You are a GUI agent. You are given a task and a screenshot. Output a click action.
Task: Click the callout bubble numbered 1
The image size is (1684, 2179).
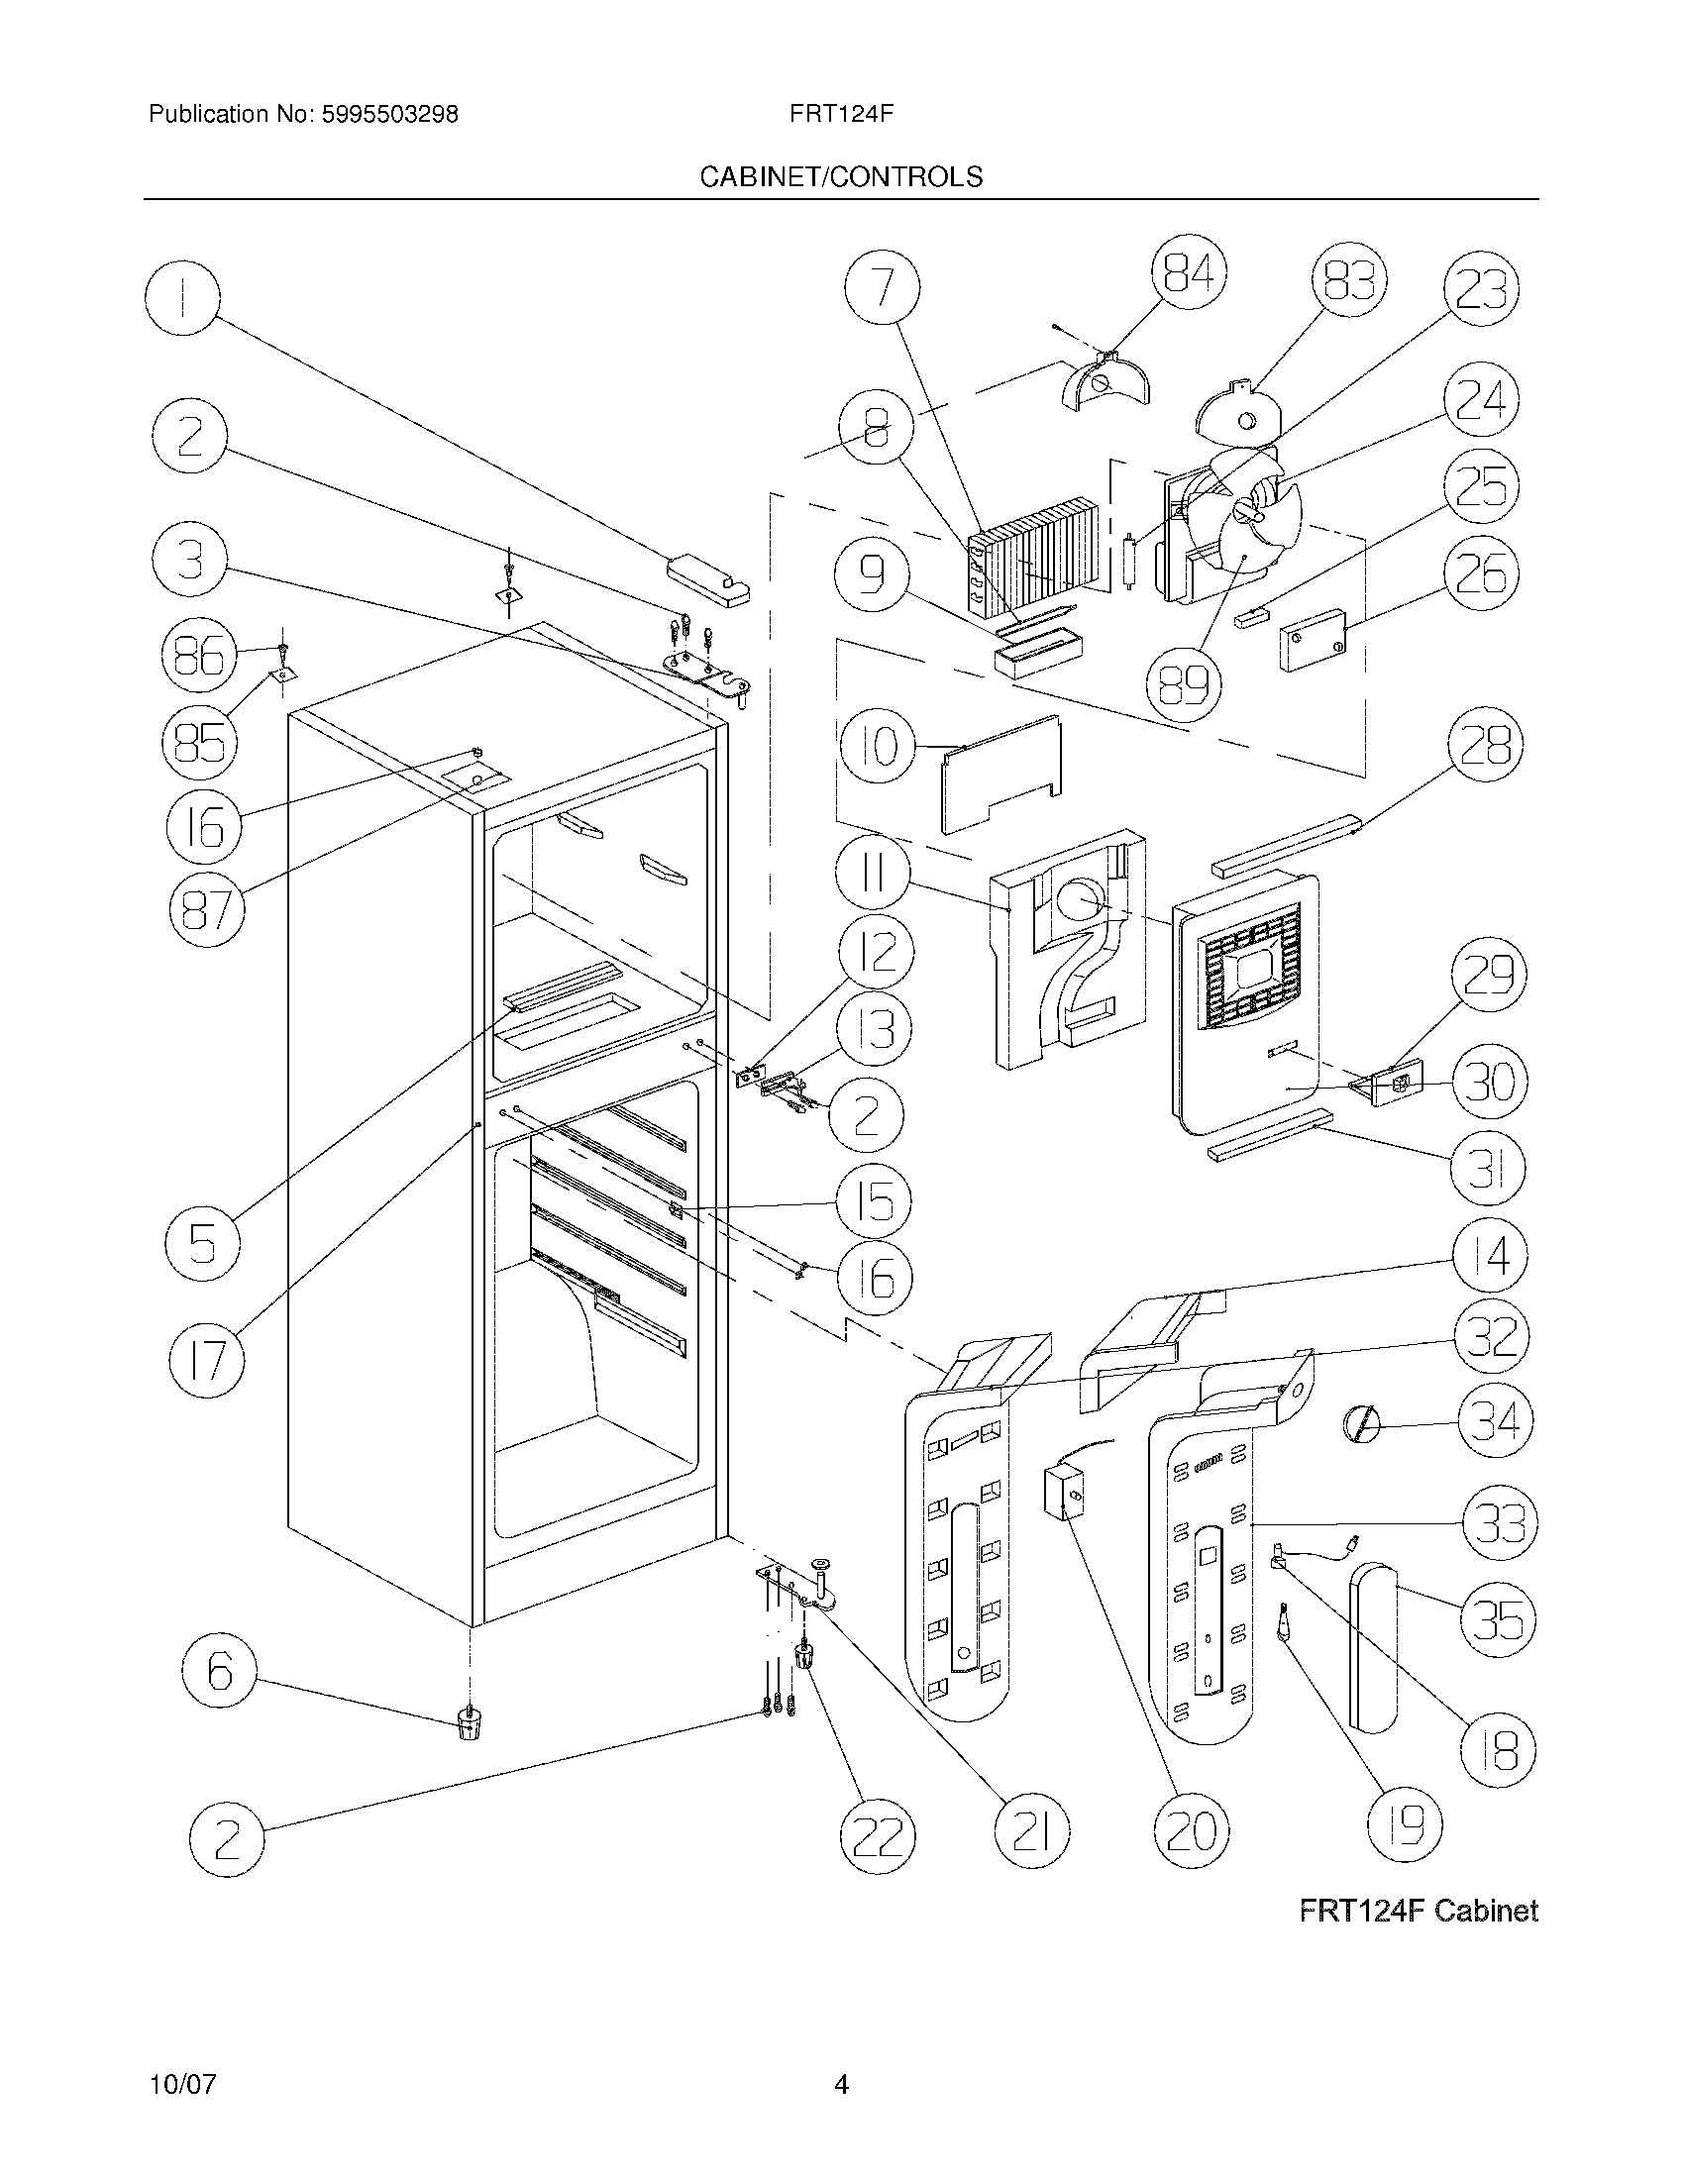pos(182,297)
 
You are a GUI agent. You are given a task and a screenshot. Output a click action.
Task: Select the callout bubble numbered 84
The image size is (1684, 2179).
pos(1188,273)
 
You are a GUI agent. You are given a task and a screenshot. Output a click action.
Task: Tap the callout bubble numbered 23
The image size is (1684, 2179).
pos(1482,288)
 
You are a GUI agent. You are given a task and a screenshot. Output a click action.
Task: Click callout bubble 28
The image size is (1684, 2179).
pos(1486,744)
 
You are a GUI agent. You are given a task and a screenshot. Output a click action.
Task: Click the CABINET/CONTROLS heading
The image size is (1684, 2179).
pos(841,176)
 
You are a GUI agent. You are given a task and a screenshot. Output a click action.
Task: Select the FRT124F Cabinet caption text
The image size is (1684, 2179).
pos(1418,1911)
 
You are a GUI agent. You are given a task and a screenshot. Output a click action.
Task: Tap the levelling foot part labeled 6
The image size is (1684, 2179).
pos(467,1723)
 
